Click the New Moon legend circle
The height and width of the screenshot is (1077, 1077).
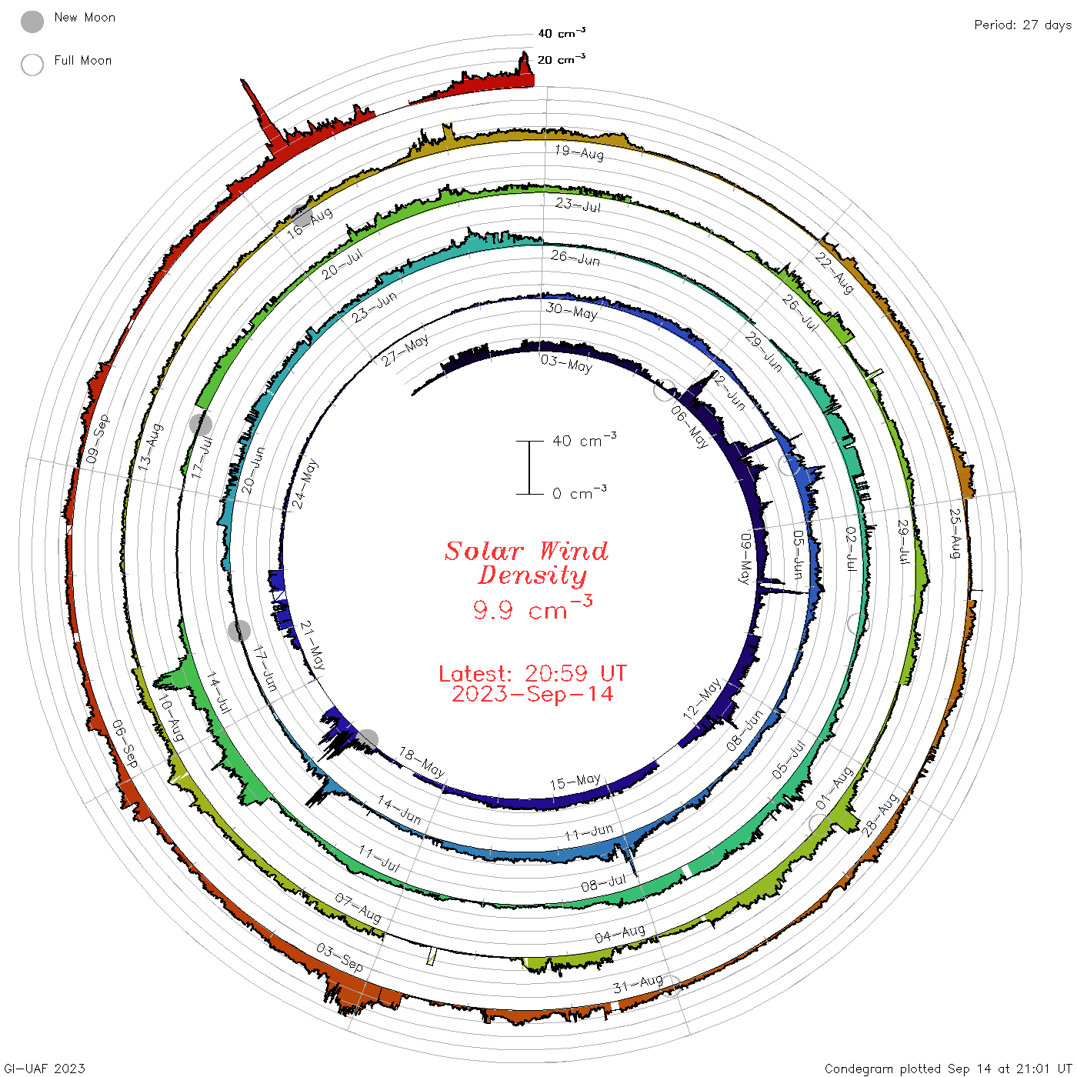pyautogui.click(x=32, y=22)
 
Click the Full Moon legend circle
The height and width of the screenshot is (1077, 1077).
pyautogui.click(x=32, y=65)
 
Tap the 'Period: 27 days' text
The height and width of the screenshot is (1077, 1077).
pyautogui.click(x=1022, y=25)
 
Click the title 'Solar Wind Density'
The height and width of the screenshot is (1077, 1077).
pyautogui.click(x=526, y=563)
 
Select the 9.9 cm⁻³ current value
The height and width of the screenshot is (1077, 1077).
pyautogui.click(x=532, y=608)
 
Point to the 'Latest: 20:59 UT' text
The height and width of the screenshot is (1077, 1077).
pyautogui.click(x=532, y=673)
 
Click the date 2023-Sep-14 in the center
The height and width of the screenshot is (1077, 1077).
pyautogui.click(x=532, y=694)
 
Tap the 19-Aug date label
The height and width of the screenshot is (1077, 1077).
pyautogui.click(x=579, y=152)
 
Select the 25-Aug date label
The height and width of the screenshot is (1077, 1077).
pyautogui.click(x=955, y=534)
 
